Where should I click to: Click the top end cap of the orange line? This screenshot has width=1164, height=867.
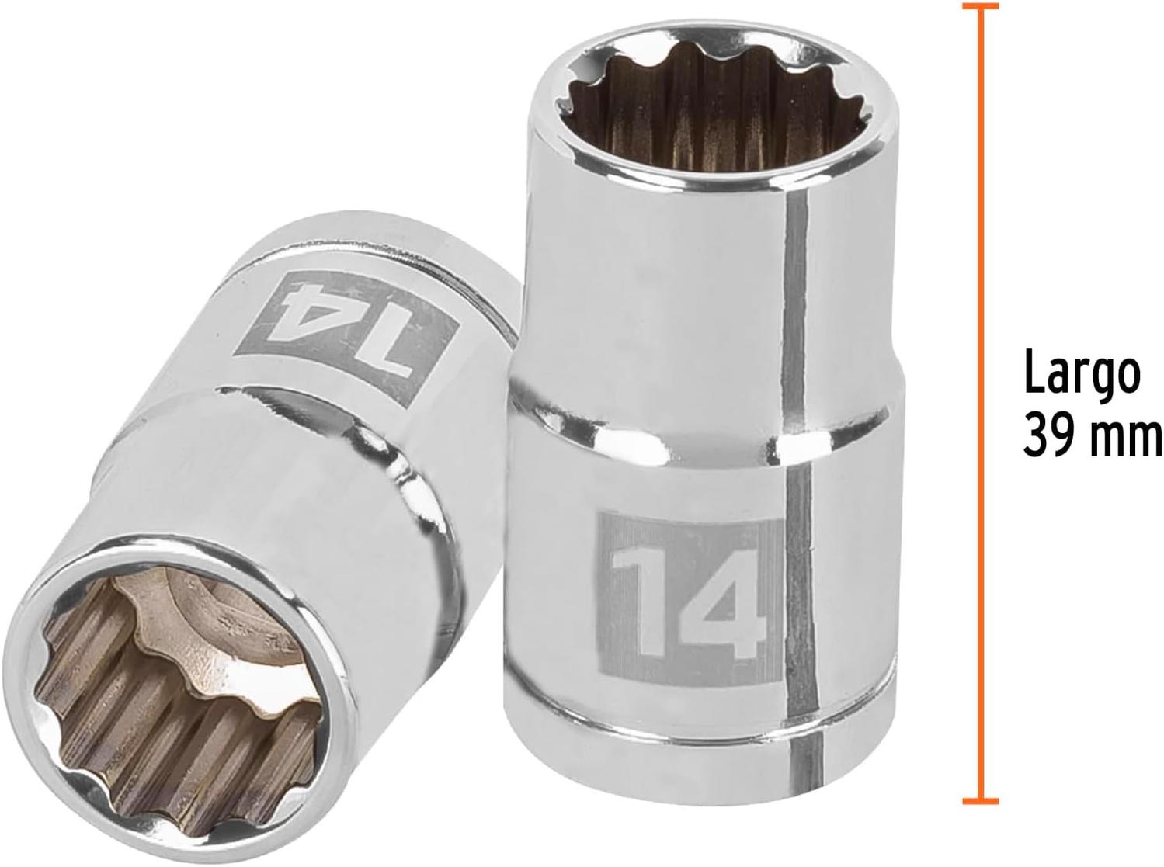pyautogui.click(x=980, y=7)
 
